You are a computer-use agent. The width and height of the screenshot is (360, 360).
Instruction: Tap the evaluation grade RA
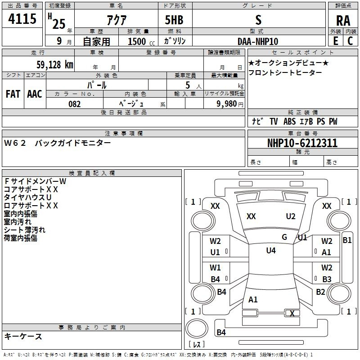click(x=343, y=20)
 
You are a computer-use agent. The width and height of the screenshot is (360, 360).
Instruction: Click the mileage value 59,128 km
click(x=54, y=64)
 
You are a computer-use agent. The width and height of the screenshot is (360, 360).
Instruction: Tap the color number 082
click(x=74, y=104)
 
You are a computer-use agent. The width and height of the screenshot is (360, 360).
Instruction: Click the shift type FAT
click(x=13, y=94)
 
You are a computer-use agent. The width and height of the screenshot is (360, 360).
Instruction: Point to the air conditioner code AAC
click(x=34, y=94)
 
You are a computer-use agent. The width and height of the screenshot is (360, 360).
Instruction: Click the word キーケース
click(x=23, y=336)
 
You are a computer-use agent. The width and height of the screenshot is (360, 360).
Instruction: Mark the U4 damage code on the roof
click(x=270, y=251)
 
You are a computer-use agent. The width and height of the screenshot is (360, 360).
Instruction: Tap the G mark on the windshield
click(x=284, y=237)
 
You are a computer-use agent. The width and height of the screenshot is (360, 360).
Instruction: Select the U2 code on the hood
click(x=291, y=216)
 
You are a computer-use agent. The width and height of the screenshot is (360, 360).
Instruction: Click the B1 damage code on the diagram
click(x=347, y=240)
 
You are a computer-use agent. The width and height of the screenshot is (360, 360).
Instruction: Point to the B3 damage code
click(x=327, y=279)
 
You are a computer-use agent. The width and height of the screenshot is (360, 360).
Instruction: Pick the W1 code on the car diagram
click(x=215, y=268)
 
